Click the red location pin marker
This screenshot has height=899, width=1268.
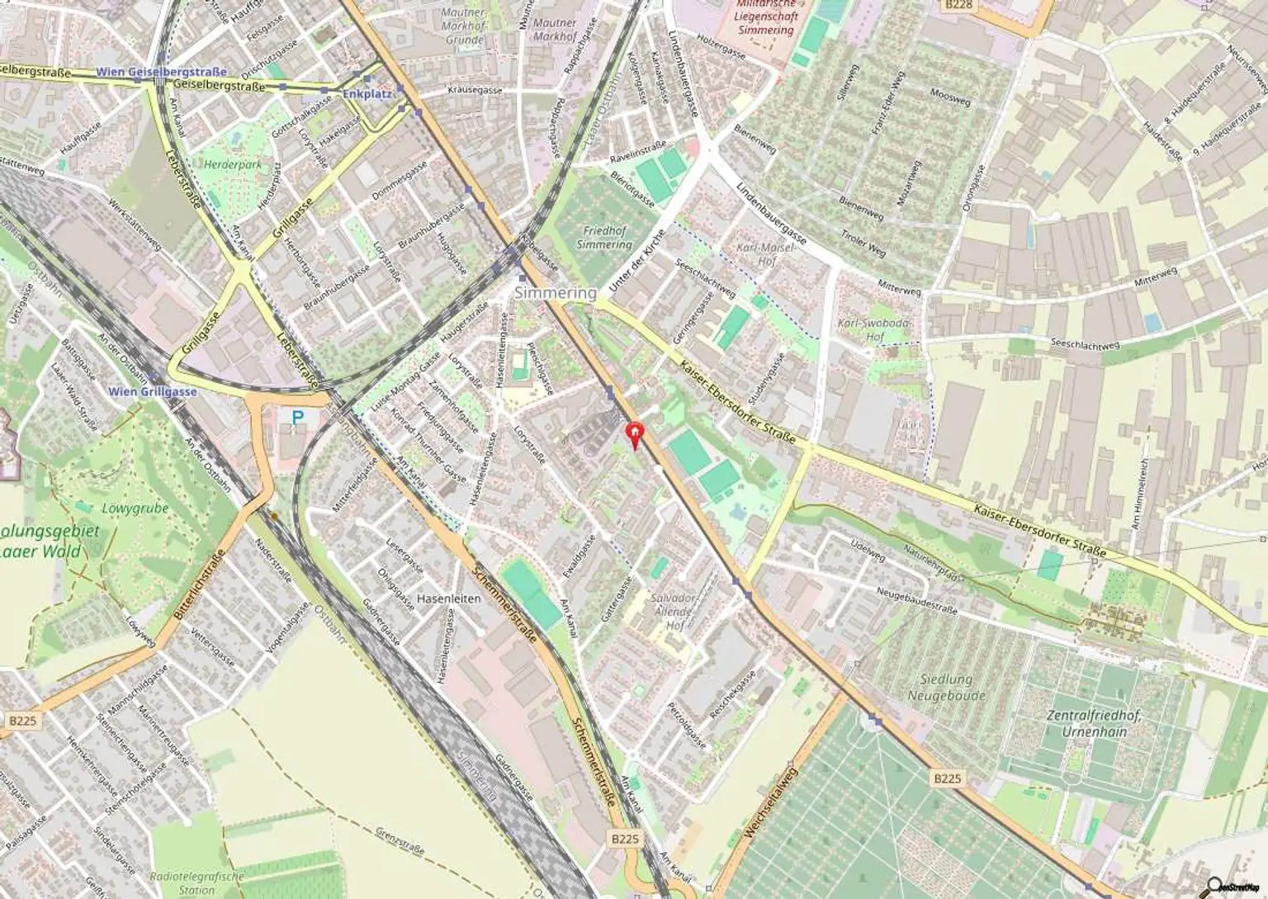634,433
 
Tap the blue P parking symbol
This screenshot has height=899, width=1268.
296,419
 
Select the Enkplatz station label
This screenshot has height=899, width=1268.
367,94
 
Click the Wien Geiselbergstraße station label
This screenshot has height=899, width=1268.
161,72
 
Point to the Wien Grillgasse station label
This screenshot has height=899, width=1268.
153,391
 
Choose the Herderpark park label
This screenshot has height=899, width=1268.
232,164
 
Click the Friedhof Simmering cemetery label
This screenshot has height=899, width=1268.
604,238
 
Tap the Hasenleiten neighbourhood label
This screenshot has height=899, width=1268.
448,599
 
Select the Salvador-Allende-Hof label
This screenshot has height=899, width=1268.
673,612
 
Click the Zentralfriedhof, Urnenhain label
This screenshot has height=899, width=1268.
1094,723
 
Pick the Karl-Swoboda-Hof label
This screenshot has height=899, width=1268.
874,329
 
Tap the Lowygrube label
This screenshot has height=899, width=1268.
135,509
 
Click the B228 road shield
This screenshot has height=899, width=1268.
958,5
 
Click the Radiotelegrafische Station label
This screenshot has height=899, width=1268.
196,882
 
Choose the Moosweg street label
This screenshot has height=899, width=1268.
949,97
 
